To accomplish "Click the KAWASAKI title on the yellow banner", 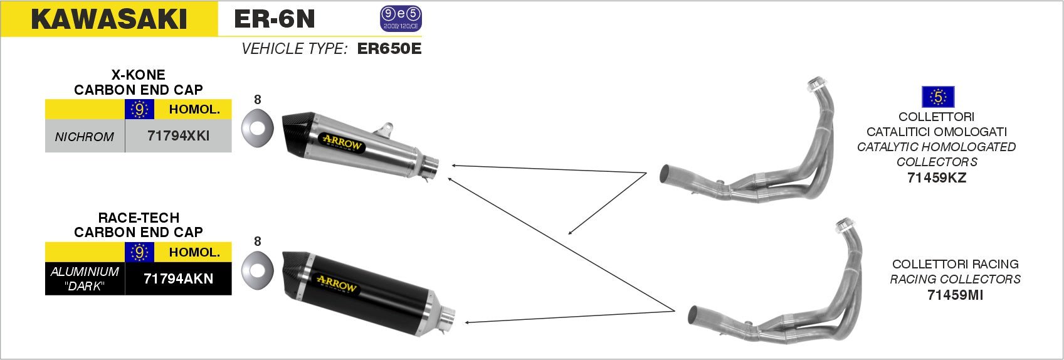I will pos(109,19).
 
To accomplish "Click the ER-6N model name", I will pos(274,19).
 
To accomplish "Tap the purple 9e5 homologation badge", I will pos(401,18).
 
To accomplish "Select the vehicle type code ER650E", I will pos(389,49).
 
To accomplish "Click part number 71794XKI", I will pos(179,135).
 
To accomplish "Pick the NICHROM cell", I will pos(85,137).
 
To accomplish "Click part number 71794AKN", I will pos(179,278).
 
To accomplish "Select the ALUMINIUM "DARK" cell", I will pos(85,278).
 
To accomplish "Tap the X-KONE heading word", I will pos(138,75).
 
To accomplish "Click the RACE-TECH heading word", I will pos(139,218).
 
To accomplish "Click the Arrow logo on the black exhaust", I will pos(337,284).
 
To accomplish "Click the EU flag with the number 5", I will pos(938,97).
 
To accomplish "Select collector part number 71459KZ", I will pos(937,177).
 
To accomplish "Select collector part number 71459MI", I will pos(955,294).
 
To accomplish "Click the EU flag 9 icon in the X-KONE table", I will pos(139,109).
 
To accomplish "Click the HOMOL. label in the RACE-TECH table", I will pos(194,252).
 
